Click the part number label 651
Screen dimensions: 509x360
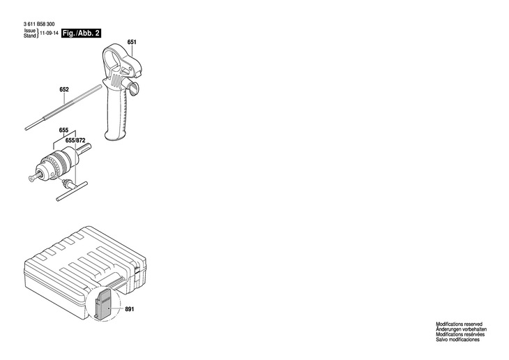132,43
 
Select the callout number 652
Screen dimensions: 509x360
64,89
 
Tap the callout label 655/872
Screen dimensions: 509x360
75,140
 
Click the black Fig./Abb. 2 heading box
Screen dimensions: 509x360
81,33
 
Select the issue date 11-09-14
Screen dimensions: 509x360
49,33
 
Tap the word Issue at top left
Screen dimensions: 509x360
30,31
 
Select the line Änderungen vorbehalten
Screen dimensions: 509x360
461,329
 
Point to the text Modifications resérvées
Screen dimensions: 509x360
459,335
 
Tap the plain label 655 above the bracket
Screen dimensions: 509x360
63,130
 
